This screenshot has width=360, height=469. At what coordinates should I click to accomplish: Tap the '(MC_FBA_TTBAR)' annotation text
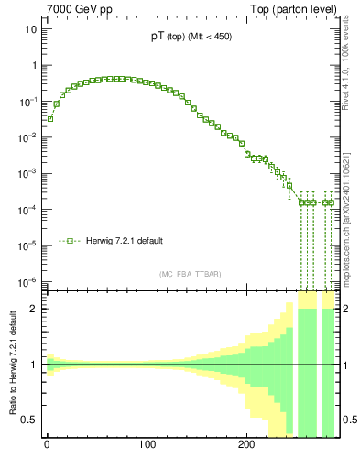[x=191, y=273]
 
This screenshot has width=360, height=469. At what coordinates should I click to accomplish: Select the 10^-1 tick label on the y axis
[x=27, y=102]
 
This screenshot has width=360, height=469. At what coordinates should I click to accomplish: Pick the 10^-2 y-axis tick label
[x=27, y=137]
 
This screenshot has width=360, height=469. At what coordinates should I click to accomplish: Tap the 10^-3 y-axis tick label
[x=27, y=173]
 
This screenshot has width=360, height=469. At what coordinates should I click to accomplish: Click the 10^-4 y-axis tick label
[x=27, y=210]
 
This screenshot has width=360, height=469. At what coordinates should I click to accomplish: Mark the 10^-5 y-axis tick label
[x=27, y=245]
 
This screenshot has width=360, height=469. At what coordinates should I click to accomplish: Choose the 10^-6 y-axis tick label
[x=27, y=281]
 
